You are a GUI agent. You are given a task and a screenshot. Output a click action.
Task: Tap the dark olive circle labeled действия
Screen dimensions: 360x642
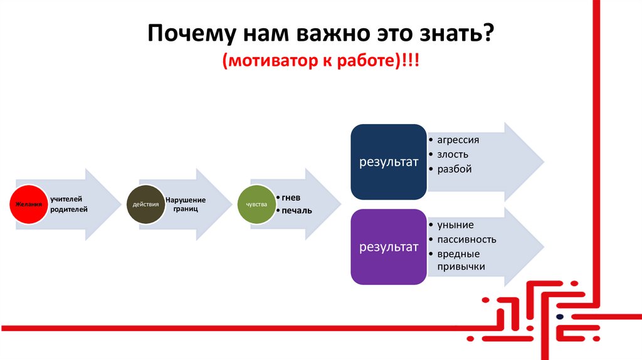tap(145, 204)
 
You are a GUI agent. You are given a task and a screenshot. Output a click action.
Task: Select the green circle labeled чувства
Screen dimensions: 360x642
tap(257, 204)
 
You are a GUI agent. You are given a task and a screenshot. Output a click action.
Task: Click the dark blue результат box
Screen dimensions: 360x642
tap(388, 162)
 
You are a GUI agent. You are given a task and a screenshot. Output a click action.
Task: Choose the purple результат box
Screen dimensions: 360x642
tap(388, 247)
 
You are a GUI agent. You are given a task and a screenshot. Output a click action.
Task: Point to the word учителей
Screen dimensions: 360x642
tap(67, 198)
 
